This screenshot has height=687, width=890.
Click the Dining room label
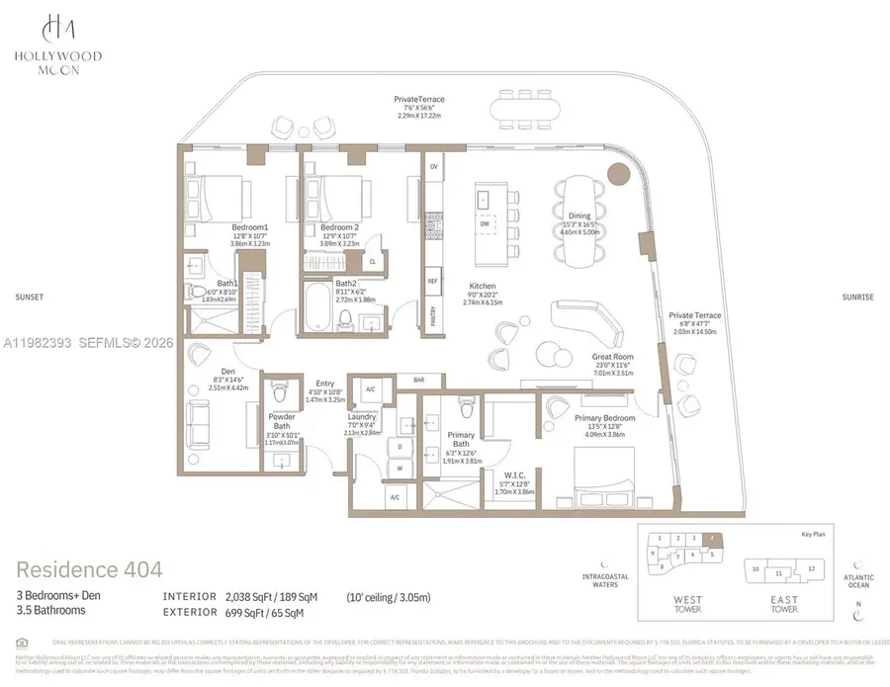[579, 215]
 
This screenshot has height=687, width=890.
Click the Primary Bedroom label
[604, 417]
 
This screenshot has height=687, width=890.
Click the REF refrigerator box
[433, 281]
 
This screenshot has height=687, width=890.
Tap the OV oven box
[433, 167]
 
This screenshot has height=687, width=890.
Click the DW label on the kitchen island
[484, 223]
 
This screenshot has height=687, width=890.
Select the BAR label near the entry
[418, 379]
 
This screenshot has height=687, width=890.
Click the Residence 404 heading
[89, 569]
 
